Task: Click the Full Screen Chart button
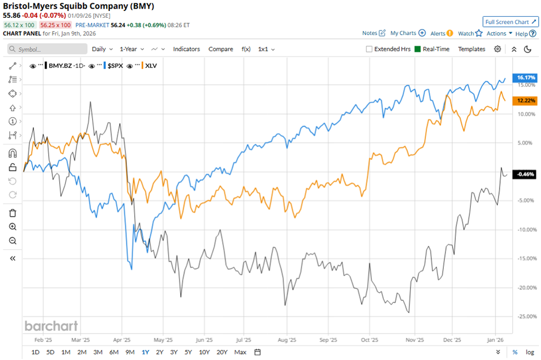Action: click(510, 22)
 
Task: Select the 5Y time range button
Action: click(189, 352)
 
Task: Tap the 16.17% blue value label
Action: click(526, 77)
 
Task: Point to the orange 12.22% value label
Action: click(526, 101)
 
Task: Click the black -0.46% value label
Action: click(526, 174)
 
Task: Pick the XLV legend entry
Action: click(151, 66)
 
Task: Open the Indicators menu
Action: click(186, 49)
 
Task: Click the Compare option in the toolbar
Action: click(220, 49)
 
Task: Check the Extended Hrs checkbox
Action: click(369, 49)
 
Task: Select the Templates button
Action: click(471, 49)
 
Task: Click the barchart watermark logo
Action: click(51, 326)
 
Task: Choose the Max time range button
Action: click(241, 352)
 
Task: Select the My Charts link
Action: click(407, 33)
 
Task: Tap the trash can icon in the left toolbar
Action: click(13, 213)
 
